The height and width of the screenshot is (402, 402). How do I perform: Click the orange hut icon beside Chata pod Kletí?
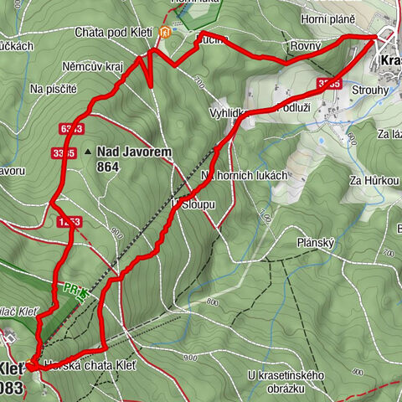pyautogui.click(x=166, y=33)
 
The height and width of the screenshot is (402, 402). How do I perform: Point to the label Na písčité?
pyautogui.click(x=53, y=88)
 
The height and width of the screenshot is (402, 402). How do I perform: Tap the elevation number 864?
pyautogui.click(x=107, y=167)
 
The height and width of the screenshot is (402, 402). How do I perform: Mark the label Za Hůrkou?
pyautogui.click(x=374, y=181)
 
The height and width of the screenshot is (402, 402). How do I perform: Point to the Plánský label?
pyautogui.click(x=317, y=242)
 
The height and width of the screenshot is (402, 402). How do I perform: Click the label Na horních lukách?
pyautogui.click(x=245, y=175)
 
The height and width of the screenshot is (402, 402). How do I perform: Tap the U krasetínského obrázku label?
pyautogui.click(x=286, y=382)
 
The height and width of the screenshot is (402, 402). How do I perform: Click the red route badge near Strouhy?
pyautogui.click(x=329, y=83)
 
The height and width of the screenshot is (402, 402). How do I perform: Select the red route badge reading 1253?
pyautogui.click(x=70, y=221)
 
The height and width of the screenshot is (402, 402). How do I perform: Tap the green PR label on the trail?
pyautogui.click(x=67, y=287)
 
